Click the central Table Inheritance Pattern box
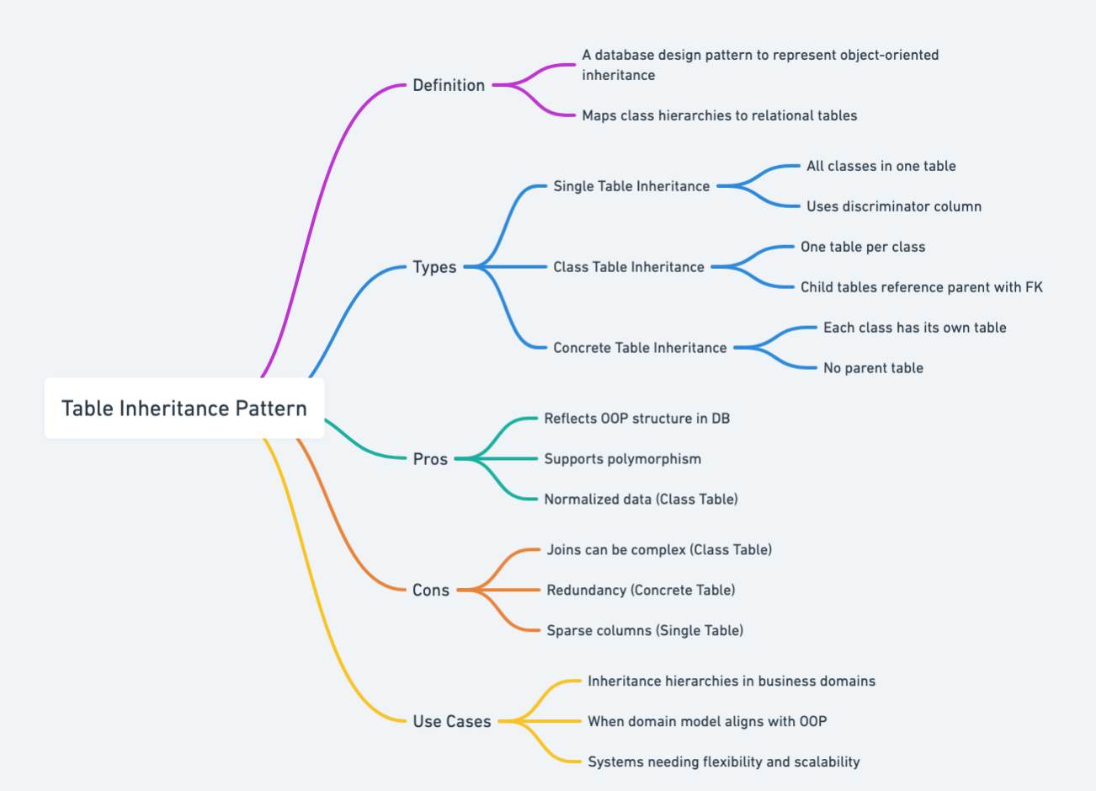pos(184,409)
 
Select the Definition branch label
pos(448,85)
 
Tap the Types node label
pos(434,267)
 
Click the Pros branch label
pos(430,459)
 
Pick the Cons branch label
pos(430,591)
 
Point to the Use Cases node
pos(451,722)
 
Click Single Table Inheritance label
pos(631,186)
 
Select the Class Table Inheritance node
pos(628,267)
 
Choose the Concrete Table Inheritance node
pos(640,348)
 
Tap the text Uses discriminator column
pos(893,206)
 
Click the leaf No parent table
pos(873,368)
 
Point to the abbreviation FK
pos(1034,287)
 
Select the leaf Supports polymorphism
pos(622,459)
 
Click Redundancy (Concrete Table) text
pos(641,591)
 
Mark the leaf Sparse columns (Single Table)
pos(645,631)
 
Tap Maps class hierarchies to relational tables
pos(719,115)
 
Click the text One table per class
pos(863,247)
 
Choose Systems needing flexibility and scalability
pos(723,762)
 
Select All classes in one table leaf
pos(881,166)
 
